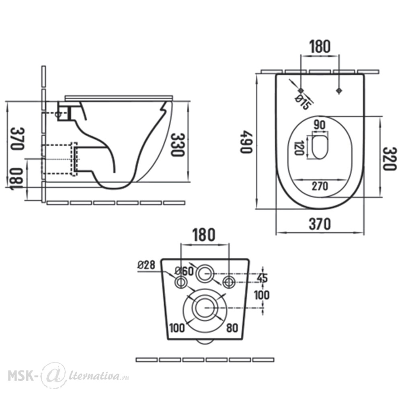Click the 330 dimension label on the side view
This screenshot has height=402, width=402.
point(177,144)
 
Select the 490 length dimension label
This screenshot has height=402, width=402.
point(246,142)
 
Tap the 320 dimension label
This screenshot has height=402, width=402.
point(390,158)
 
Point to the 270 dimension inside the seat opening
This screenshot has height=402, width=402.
point(320,186)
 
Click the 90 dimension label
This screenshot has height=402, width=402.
point(320,125)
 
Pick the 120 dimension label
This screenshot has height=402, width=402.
point(299,148)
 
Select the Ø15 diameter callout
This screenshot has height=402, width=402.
point(303,102)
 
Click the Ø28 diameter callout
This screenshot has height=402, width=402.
point(146,265)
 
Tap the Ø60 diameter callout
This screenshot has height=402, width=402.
point(184,271)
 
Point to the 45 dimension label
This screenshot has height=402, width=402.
point(262,278)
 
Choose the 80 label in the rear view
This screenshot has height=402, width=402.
point(232,328)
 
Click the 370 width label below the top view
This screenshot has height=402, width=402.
point(320,224)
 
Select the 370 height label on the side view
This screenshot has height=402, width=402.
point(17,138)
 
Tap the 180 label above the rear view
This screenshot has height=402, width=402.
point(204,235)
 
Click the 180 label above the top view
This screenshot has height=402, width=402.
point(320,46)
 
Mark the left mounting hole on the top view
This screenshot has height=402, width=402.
point(301,90)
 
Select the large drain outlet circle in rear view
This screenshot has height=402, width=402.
point(205,308)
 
